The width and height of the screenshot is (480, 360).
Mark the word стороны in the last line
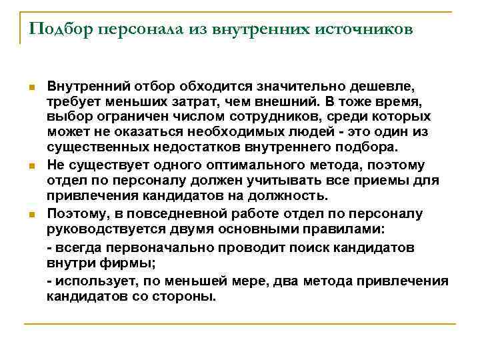[189, 297]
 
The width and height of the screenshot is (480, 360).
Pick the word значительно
[283, 87]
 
